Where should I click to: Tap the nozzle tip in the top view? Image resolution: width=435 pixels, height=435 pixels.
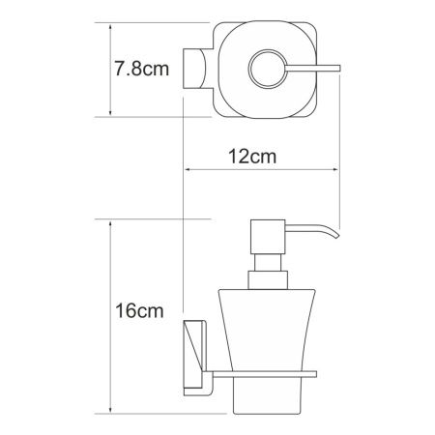click(x=339, y=68)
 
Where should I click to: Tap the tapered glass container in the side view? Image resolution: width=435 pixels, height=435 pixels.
click(x=266, y=329)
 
